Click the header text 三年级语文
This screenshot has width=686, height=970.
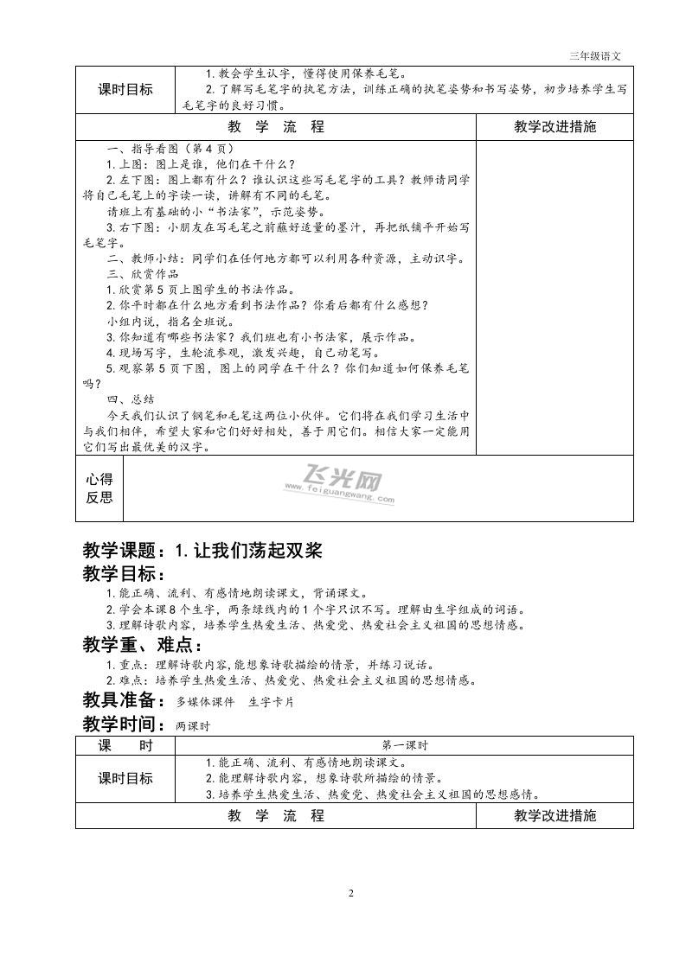(x=595, y=56)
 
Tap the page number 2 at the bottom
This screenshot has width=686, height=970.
(x=351, y=893)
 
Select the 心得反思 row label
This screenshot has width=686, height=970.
(x=99, y=488)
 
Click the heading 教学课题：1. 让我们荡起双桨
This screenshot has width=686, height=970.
(x=202, y=551)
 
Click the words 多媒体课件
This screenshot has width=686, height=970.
(x=206, y=702)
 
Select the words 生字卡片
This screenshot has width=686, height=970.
(x=271, y=702)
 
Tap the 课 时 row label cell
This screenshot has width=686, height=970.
(x=125, y=745)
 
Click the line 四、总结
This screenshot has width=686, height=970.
(x=130, y=399)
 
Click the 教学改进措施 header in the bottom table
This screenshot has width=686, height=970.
(x=555, y=815)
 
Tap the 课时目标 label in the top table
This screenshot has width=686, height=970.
(x=125, y=89)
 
